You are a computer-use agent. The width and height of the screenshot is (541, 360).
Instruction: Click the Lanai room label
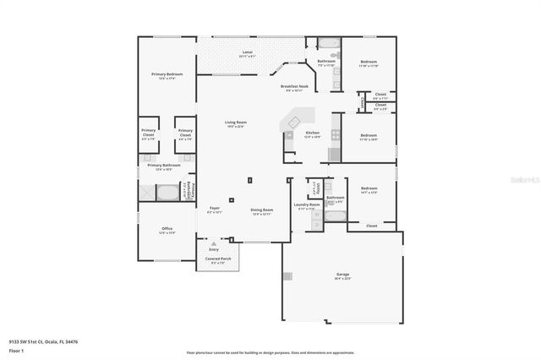247,53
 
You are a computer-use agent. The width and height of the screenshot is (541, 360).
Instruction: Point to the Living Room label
234,123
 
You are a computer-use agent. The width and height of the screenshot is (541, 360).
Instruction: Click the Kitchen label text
312,134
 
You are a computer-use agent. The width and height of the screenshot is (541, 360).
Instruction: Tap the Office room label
167,229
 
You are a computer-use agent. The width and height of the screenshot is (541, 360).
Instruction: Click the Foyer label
215,210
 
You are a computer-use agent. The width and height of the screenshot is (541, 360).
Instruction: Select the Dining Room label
261,210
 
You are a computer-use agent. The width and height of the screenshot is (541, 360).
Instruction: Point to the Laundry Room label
306,205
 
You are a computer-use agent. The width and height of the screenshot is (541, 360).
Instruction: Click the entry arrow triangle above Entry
214,242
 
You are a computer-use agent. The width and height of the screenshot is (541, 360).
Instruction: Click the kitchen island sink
291,135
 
